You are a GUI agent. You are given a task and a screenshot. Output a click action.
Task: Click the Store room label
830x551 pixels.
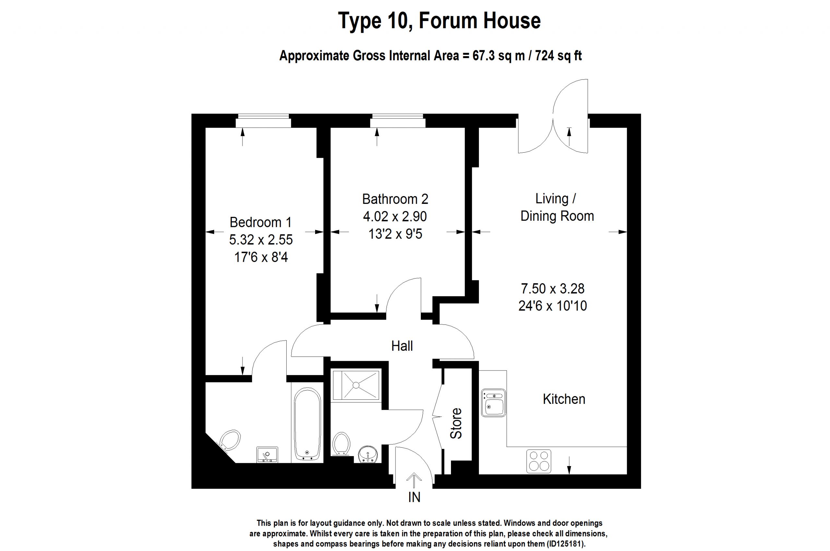(x=456, y=423)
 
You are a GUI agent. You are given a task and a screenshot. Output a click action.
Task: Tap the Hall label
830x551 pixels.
(x=402, y=346)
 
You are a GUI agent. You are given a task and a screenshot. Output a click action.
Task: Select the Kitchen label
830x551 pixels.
(x=564, y=399)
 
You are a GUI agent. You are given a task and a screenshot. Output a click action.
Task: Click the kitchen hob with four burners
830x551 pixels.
(x=539, y=461)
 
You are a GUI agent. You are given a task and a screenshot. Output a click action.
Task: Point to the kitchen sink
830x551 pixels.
(x=493, y=403)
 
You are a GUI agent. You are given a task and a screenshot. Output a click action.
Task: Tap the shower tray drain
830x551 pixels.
(x=356, y=385)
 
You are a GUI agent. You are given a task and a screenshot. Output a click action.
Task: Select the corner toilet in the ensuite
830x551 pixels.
(x=230, y=440)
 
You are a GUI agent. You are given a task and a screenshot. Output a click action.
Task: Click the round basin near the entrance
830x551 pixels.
(x=368, y=455)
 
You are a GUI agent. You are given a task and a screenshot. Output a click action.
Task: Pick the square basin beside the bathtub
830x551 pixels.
(x=267, y=455)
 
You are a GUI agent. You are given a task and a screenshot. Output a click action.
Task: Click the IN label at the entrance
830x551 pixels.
(x=414, y=497)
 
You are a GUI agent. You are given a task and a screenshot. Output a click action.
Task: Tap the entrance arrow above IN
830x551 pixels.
(x=414, y=480)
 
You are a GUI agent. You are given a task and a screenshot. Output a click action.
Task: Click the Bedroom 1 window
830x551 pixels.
(x=263, y=121)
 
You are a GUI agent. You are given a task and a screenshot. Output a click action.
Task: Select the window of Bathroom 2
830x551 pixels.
(x=397, y=121)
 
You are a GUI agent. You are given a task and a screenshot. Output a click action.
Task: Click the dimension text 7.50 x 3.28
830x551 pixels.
(x=552, y=288)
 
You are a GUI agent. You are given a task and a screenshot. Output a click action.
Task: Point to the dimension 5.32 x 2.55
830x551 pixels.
(x=261, y=240)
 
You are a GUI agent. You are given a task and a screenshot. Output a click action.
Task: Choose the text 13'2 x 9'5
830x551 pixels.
(x=395, y=234)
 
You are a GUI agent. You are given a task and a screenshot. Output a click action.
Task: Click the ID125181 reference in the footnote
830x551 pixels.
(x=564, y=544)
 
